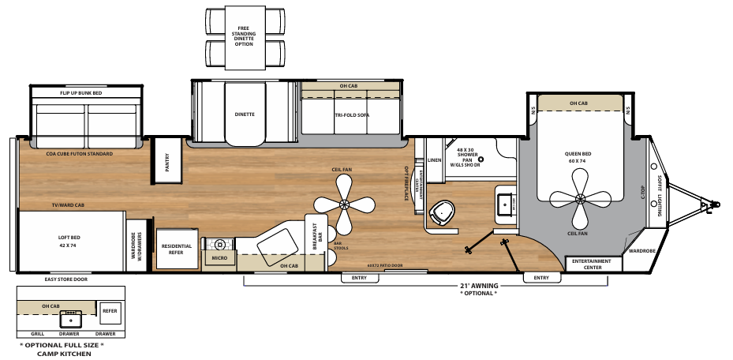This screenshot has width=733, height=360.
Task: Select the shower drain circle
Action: (479, 158)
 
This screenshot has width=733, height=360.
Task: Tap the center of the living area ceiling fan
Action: (345, 204)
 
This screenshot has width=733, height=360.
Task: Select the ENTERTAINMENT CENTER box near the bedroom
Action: (586, 264)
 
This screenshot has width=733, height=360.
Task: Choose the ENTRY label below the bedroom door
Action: (541, 278)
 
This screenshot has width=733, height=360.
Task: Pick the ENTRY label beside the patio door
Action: (359, 278)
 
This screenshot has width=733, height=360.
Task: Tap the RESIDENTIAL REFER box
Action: (177, 249)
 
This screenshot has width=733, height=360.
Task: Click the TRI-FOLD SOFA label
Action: (352, 115)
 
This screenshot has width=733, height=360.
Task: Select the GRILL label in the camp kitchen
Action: (36, 334)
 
